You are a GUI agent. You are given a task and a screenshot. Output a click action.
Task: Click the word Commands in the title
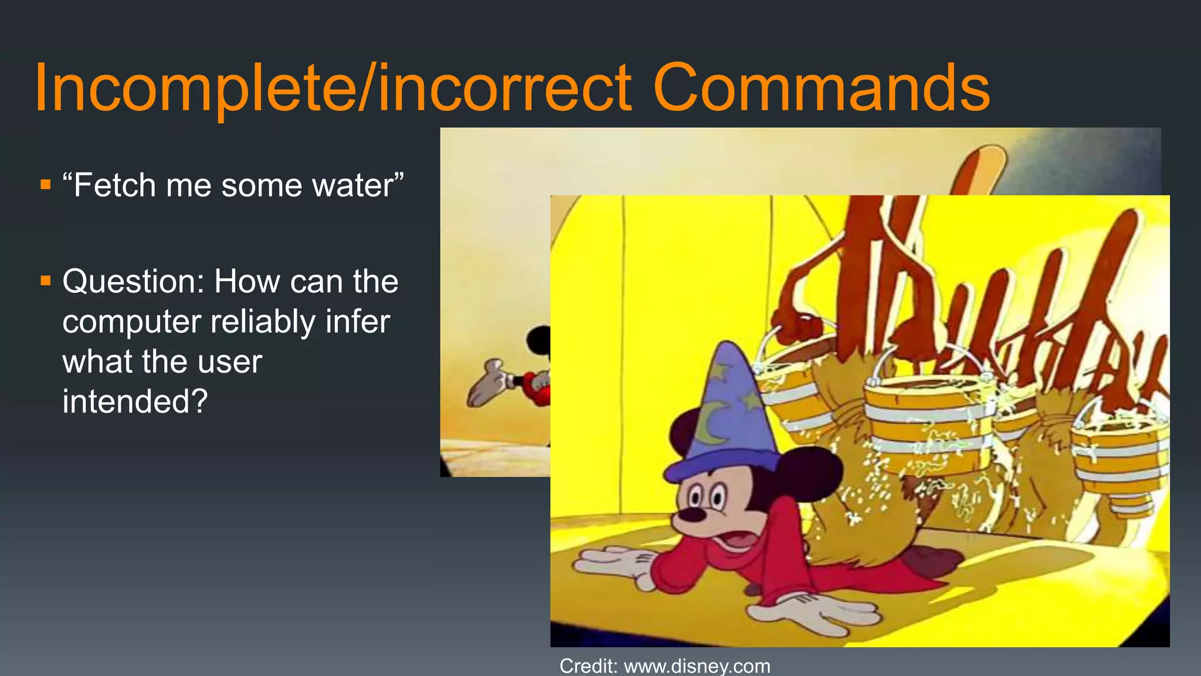pos(821,88)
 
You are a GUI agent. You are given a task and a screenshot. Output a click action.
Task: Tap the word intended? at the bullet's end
pos(135,401)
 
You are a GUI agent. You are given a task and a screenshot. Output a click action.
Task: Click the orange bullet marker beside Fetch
pos(46,185)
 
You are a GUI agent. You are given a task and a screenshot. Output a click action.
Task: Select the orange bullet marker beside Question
pos(46,280)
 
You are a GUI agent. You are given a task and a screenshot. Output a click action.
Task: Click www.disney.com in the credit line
pos(697,666)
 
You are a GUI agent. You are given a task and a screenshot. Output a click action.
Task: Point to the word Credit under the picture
pos(588,666)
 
